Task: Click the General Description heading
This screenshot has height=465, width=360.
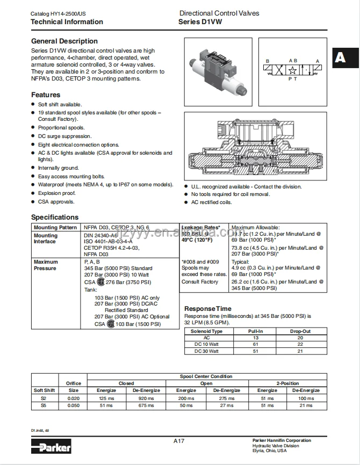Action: point(64,41)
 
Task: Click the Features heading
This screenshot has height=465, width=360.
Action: point(46,95)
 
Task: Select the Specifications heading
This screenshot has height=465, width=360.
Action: point(55,217)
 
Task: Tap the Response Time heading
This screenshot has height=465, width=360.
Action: point(208,309)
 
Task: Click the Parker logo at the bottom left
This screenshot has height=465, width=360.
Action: point(51,445)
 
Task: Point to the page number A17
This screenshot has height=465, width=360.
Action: point(179,441)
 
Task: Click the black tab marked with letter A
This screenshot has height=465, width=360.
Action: point(340,57)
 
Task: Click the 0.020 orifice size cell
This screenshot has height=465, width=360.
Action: point(74,398)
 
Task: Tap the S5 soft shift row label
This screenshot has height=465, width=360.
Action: point(44,405)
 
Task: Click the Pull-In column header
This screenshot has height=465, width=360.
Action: point(255,331)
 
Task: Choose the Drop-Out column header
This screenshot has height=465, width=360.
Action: point(300,331)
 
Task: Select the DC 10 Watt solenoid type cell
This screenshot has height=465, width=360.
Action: point(206,344)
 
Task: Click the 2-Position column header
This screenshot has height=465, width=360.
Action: point(287,383)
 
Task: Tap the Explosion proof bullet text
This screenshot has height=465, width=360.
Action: point(57,193)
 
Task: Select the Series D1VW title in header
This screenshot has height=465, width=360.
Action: point(200,22)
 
